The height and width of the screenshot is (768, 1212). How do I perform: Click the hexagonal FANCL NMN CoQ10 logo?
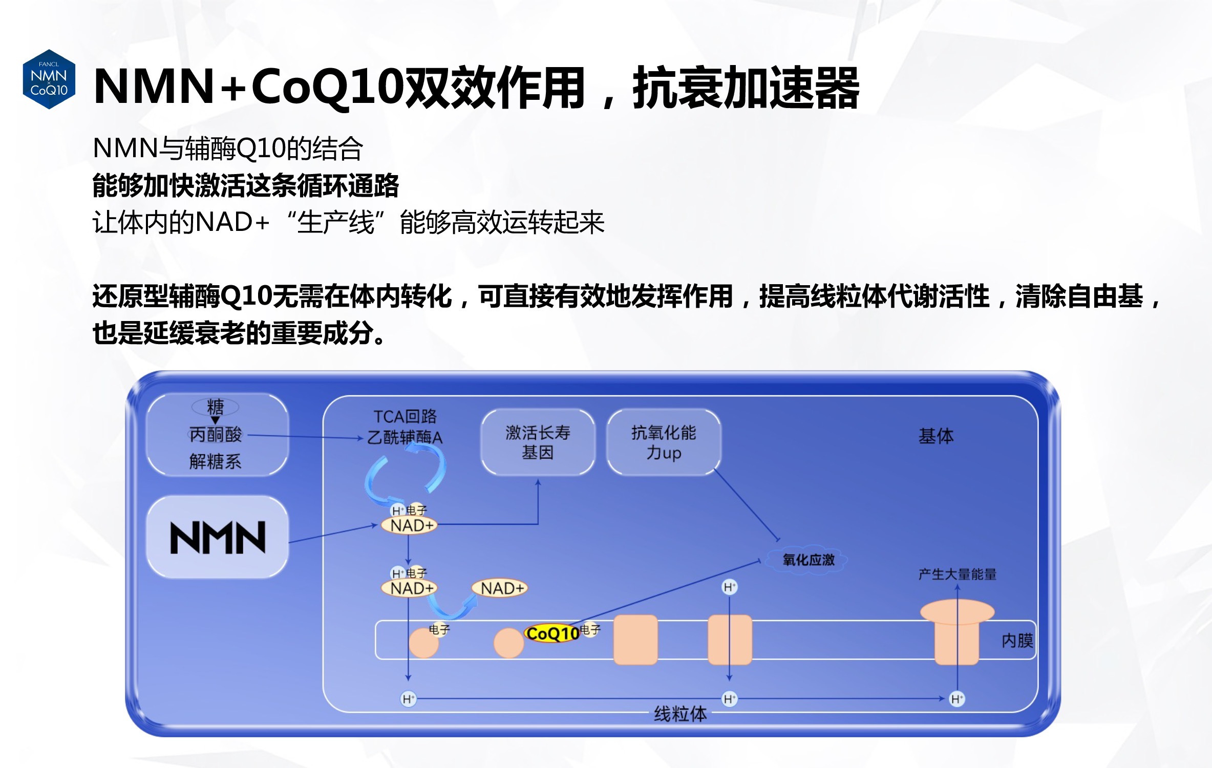coord(49,79)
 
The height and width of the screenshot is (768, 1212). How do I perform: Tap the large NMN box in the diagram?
coord(218,538)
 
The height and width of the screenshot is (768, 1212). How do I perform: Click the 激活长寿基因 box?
coord(538,442)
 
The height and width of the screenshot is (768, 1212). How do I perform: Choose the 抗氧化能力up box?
coord(664,442)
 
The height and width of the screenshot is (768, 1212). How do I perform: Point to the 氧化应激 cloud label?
coord(808,560)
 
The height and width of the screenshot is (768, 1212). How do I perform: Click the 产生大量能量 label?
coord(957,574)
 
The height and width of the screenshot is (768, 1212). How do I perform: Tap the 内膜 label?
coord(1017,641)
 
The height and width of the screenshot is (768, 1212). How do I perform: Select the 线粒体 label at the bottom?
coord(680,713)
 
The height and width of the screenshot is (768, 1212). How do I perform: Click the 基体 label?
coord(936,436)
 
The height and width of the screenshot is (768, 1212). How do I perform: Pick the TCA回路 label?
coord(405,416)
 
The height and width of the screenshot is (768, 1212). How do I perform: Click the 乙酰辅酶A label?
coord(405,437)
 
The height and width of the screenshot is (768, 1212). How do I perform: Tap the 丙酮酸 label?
coord(216,435)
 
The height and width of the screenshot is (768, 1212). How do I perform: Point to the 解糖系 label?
coord(216,461)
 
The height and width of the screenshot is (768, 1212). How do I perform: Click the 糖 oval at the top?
coord(215,407)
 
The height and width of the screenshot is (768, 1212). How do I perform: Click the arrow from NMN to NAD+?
coord(333,534)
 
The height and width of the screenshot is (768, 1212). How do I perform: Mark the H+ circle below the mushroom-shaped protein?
coord(956,699)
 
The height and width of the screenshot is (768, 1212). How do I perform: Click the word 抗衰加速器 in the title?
coord(746,88)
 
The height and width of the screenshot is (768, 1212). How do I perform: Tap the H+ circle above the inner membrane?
coord(729,587)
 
